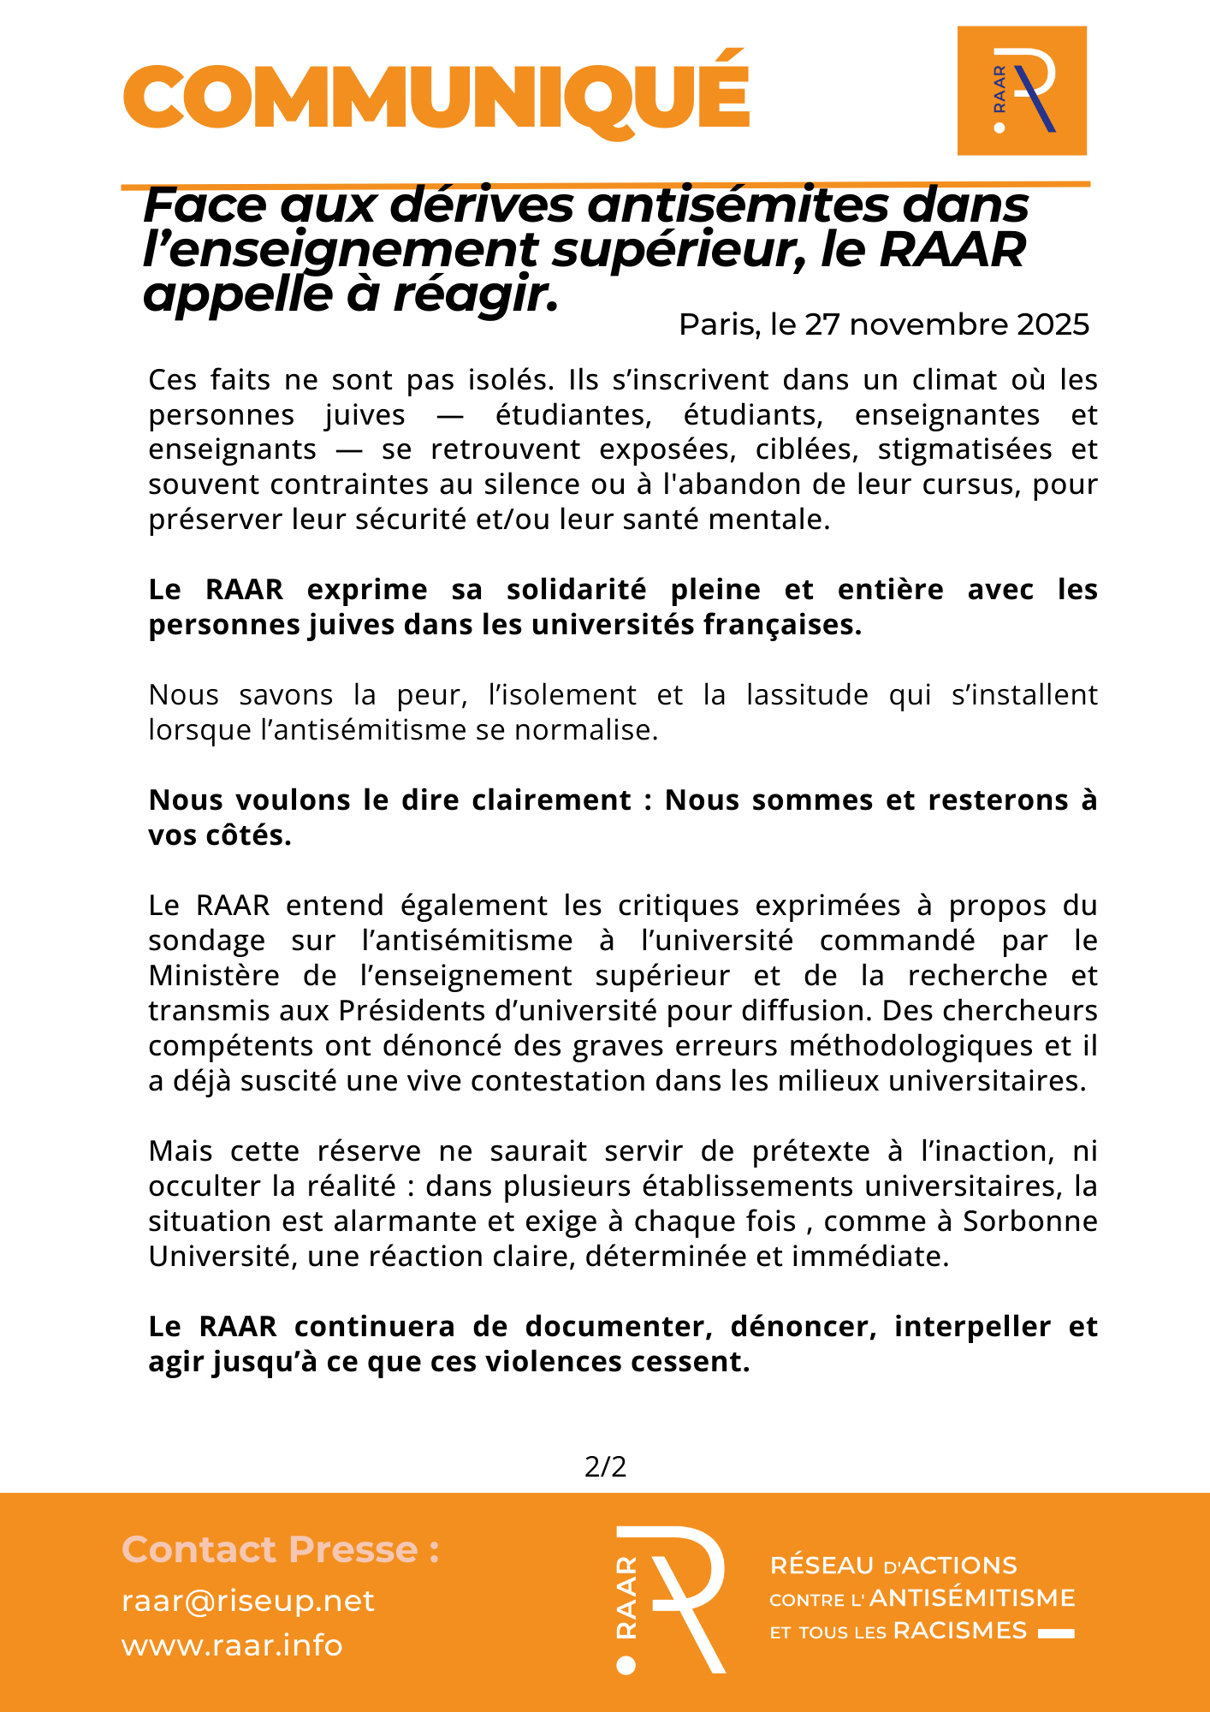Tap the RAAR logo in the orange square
[x=1022, y=91]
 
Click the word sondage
[x=206, y=941]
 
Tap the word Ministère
[x=214, y=976]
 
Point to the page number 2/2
[x=605, y=1467]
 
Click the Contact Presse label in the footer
[x=281, y=1550]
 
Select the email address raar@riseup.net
[x=248, y=1602]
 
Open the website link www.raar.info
[x=232, y=1646]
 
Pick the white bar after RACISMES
[x=1056, y=1634]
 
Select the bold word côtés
[x=245, y=835]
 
